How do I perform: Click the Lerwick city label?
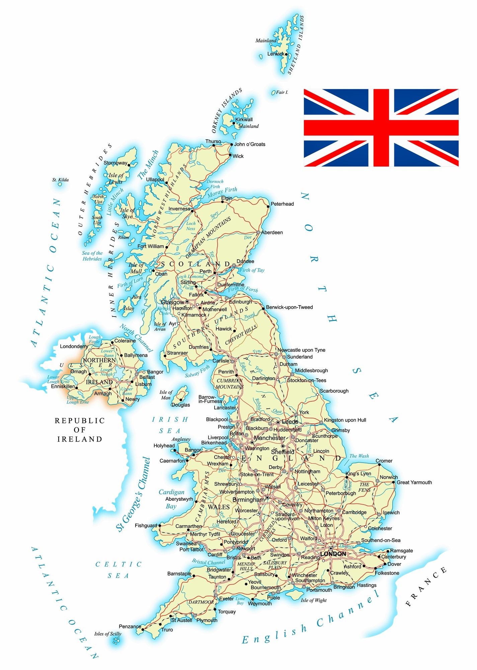pos(275,54)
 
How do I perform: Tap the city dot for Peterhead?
pos(268,207)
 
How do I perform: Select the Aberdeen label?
pos(272,232)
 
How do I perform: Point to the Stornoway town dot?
pos(129,165)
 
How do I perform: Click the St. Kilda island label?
pos(60,180)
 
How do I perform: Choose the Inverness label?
pos(179,209)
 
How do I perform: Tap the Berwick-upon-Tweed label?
pos(290,307)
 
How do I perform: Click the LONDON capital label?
pos(333,554)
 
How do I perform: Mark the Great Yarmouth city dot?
pos(394,482)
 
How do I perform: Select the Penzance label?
pos(130,626)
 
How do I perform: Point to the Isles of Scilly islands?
pos(116,641)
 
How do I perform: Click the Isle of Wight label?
pos(314,600)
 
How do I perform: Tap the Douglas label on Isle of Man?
pos(180,405)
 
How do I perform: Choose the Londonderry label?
pos(74,346)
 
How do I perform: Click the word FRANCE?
pos(426,587)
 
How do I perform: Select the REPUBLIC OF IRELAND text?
pos(80,430)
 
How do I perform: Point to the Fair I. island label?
pos(282,92)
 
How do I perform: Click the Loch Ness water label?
pos(191,226)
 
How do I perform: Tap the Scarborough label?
pos(334,391)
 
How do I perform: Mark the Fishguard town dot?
pos(160,526)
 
